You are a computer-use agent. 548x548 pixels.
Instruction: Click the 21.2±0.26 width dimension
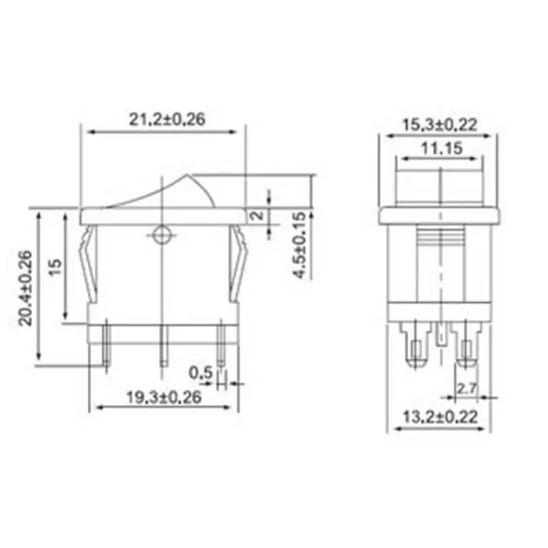click(167, 119)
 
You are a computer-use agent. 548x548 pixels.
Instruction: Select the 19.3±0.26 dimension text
click(164, 397)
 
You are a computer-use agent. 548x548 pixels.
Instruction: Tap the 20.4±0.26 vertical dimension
click(25, 288)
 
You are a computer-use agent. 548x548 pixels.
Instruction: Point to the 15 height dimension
click(55, 267)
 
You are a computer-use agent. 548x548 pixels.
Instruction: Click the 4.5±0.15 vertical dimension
click(299, 245)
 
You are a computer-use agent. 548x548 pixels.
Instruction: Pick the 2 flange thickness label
click(258, 215)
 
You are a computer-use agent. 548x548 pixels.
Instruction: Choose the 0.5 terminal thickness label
click(201, 373)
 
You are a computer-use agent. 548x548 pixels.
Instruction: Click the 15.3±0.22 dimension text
click(440, 125)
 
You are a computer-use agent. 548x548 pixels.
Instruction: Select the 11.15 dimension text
click(442, 148)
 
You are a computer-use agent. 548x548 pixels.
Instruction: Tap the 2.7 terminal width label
click(467, 388)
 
